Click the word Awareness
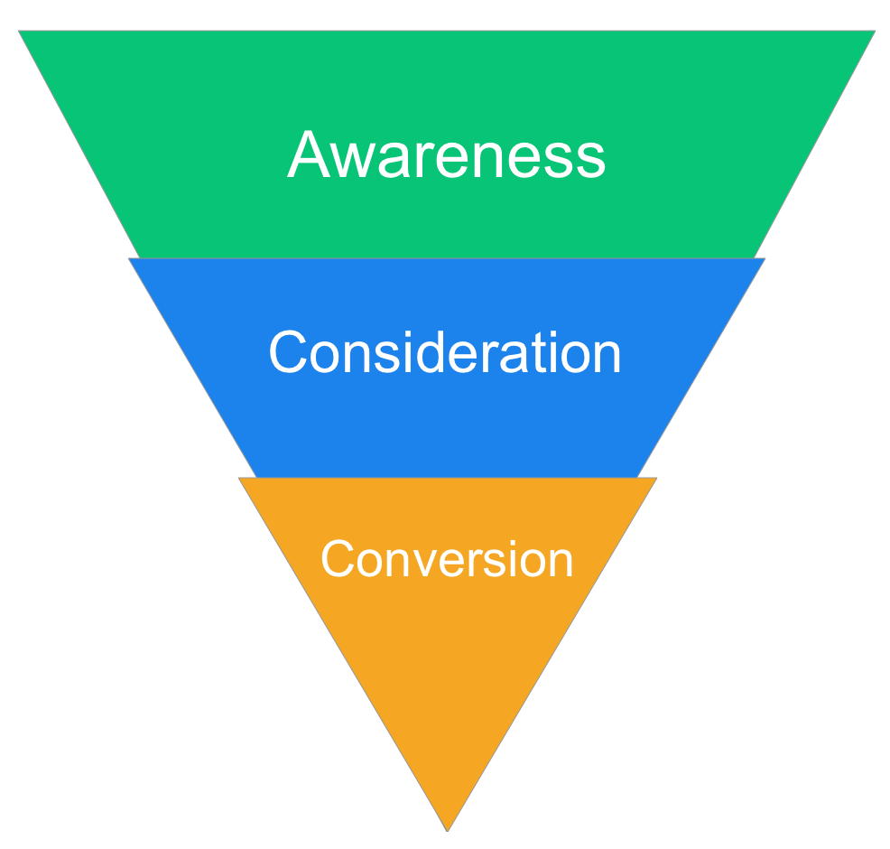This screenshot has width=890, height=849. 446,154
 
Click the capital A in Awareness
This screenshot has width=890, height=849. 309,154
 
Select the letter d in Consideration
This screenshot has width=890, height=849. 428,351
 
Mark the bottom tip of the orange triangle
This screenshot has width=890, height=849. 448,830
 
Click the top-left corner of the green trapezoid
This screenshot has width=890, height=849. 19,32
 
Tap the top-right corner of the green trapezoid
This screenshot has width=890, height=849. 875,32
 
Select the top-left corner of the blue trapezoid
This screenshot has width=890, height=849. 129,259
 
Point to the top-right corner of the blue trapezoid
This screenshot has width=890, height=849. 765,259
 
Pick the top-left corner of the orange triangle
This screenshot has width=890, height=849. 239,478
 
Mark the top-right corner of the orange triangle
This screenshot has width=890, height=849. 656,478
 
